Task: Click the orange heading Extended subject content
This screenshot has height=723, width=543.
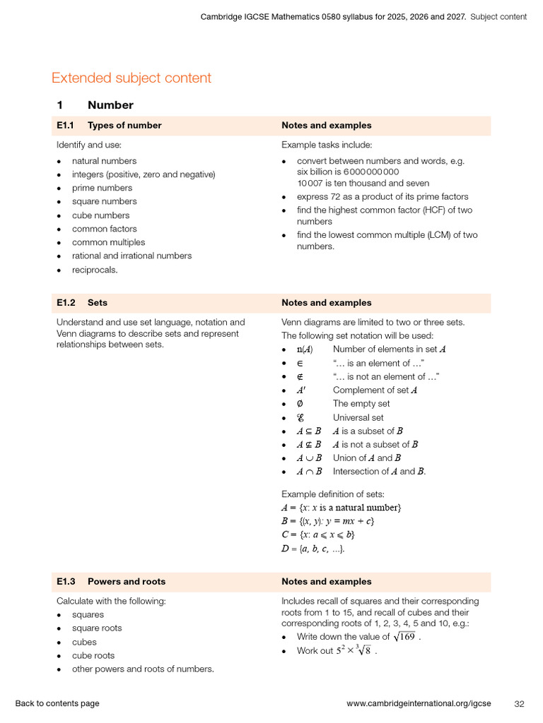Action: coord(132,78)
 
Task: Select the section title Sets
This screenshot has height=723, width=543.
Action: coord(98,303)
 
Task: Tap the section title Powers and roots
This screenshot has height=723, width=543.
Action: coord(127,582)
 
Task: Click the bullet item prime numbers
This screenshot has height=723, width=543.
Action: coord(102,188)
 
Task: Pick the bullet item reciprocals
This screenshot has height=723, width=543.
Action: coord(95,270)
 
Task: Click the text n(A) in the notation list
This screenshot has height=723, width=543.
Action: coord(305,349)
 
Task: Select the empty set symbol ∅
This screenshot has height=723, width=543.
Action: coord(300,404)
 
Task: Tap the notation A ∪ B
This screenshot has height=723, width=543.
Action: coord(309,458)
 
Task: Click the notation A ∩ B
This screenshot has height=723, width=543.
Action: coord(309,472)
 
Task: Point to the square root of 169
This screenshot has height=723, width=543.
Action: coord(404,637)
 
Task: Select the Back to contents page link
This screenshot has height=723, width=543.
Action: coord(57,703)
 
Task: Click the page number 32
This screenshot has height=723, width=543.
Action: coord(519,703)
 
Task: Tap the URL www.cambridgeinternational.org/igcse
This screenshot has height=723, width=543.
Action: coord(419,703)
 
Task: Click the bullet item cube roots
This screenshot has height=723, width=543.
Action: coord(93,655)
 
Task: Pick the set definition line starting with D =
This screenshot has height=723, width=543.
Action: coord(313,549)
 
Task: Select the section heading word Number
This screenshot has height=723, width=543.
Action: coord(110,105)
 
